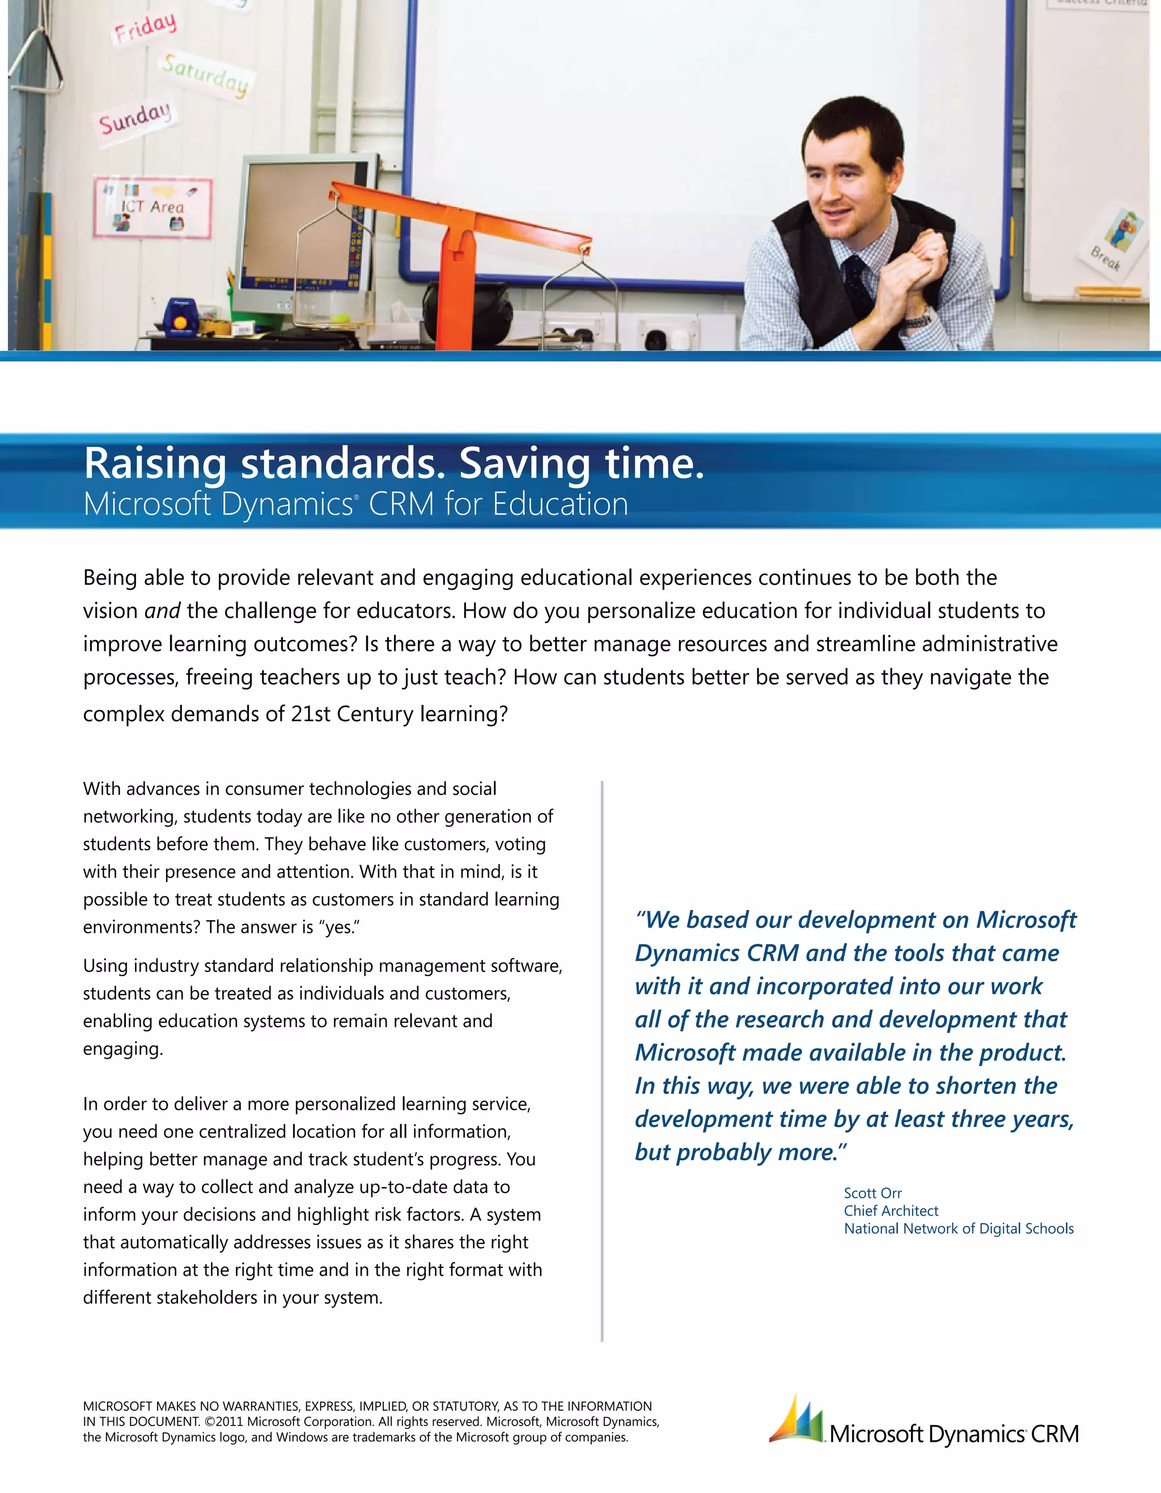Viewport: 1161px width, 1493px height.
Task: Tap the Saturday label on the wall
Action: click(x=205, y=74)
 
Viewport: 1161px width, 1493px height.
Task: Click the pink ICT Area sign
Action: click(x=152, y=208)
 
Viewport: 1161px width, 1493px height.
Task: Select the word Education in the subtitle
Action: click(x=560, y=505)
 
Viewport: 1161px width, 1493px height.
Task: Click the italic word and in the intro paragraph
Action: click(x=162, y=611)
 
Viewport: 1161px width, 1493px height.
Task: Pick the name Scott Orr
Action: click(x=872, y=1193)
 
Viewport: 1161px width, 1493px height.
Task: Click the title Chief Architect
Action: click(x=891, y=1211)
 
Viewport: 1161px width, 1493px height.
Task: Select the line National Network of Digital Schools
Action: click(x=959, y=1228)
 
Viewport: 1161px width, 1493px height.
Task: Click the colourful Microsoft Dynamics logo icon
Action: click(x=796, y=1420)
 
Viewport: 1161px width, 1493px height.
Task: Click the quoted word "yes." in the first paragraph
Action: click(x=339, y=927)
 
